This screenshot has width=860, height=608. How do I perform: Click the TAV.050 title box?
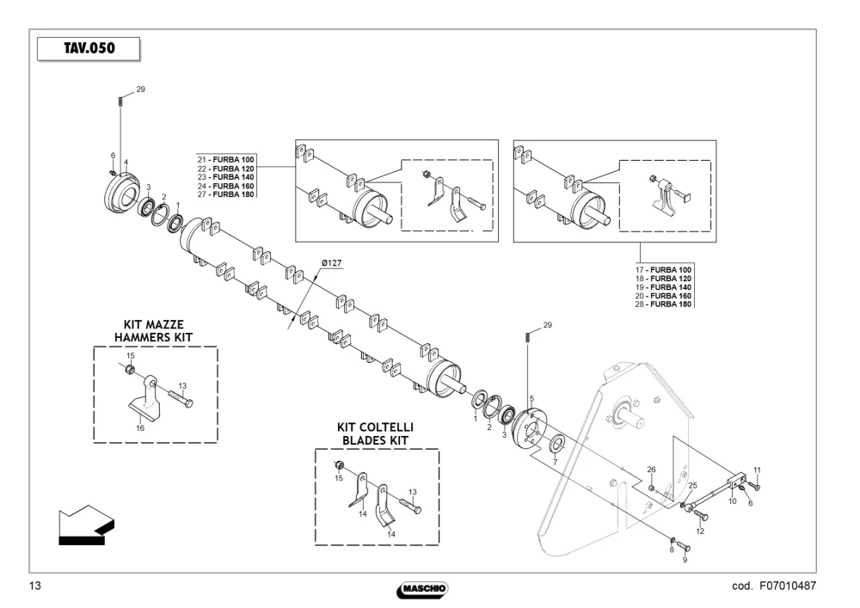[x=89, y=49]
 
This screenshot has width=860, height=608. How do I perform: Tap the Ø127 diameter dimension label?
[x=331, y=263]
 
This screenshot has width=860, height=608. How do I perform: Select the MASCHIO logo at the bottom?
[x=422, y=590]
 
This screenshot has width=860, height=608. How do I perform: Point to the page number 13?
[x=34, y=586]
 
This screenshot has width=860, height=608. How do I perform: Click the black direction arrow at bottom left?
[x=86, y=525]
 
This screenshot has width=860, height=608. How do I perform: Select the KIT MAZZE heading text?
[x=154, y=324]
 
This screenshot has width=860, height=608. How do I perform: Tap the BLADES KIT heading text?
[x=375, y=440]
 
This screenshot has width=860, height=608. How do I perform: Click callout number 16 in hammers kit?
[x=140, y=428]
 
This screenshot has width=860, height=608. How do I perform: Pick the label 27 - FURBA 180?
[x=226, y=194]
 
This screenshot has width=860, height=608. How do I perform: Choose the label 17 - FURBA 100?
[x=663, y=270]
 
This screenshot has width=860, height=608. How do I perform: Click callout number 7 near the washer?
[x=555, y=462]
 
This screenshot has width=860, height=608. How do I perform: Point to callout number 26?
[x=651, y=470]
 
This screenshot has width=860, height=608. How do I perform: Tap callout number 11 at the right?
[x=758, y=470]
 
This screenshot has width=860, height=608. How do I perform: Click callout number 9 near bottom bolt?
[x=685, y=560]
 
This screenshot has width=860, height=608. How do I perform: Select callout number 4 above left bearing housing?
[x=126, y=163]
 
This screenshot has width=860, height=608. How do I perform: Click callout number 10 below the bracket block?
[x=732, y=501]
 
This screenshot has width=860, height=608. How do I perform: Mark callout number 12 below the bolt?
[x=700, y=531]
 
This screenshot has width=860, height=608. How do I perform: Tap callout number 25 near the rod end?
[x=692, y=486]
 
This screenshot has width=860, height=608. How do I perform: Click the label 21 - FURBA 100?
[x=226, y=160]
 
